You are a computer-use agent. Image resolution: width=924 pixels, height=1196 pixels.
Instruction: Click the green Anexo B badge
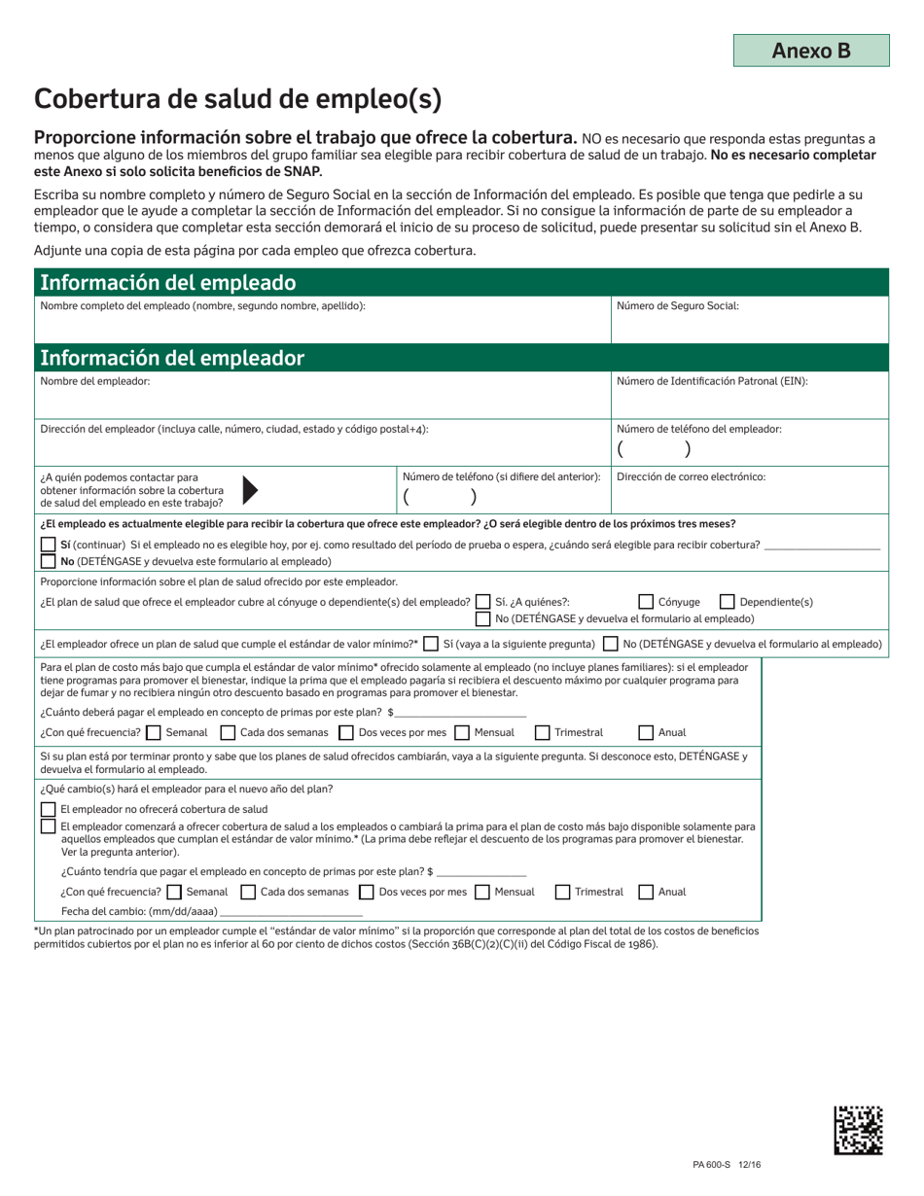811,51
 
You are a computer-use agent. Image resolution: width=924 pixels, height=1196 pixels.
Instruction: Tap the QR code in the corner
859,1130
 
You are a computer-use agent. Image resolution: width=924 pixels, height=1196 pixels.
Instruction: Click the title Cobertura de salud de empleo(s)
238,98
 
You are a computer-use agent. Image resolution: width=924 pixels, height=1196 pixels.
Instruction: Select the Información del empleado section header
166,283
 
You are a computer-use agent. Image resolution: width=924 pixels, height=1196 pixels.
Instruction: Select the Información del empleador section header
171,358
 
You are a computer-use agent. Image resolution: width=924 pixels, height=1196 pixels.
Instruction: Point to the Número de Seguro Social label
678,305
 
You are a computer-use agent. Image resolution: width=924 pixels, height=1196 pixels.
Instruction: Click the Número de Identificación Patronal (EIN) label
712,381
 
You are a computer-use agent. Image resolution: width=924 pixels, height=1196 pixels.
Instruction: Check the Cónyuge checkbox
646,602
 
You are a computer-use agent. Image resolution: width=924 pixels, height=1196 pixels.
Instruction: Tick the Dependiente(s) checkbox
726,602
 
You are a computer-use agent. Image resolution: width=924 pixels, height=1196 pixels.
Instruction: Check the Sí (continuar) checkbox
48,545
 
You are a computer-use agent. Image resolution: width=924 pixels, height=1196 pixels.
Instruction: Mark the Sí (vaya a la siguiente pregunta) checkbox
431,644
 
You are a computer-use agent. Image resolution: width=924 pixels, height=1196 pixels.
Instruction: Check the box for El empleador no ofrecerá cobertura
48,809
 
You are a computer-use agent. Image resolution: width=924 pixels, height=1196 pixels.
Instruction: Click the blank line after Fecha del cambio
292,911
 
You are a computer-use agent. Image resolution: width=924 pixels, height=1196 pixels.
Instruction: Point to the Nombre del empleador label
95,381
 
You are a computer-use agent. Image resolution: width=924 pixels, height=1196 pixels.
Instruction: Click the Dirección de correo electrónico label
692,476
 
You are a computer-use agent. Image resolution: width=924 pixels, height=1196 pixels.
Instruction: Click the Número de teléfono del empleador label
699,429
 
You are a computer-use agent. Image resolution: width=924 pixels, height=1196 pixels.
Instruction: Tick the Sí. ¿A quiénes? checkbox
483,602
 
